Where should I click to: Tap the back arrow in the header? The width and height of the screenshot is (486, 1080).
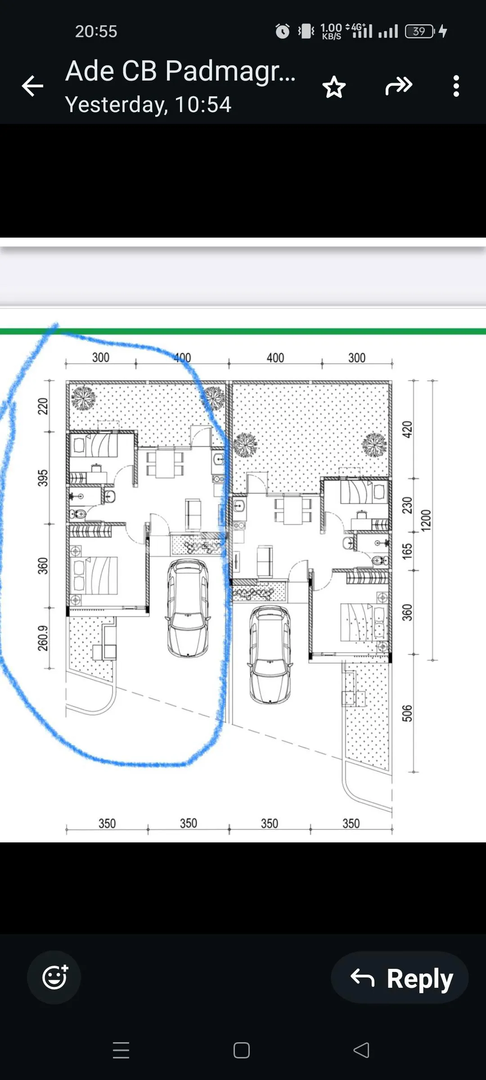[x=32, y=86]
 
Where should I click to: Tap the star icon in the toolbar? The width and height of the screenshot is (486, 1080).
[x=334, y=87]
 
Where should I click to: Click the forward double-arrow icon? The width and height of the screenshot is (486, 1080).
[x=399, y=86]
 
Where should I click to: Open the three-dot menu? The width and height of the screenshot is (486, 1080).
[x=456, y=86]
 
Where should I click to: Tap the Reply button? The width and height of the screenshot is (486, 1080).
[x=400, y=977]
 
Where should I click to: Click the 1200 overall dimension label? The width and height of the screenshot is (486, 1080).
[x=426, y=521]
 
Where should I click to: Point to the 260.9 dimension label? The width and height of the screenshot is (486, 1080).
[x=43, y=638]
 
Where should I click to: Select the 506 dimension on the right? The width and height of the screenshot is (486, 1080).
[x=407, y=713]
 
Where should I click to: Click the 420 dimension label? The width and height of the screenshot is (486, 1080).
[x=407, y=429]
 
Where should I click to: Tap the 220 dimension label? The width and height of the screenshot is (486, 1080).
[x=43, y=406]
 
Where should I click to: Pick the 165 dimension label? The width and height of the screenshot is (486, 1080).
[x=407, y=551]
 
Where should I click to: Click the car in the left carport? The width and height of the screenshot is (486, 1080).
[x=188, y=608]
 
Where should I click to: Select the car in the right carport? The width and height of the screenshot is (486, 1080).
[x=270, y=655]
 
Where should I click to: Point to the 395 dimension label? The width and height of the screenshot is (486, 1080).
[x=43, y=478]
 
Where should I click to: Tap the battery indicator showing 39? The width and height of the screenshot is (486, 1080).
[x=419, y=31]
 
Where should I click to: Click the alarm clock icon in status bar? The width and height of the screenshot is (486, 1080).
[x=283, y=31]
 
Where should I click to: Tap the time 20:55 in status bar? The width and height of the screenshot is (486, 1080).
[x=96, y=31]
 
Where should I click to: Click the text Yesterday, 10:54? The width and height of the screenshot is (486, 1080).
[x=148, y=104]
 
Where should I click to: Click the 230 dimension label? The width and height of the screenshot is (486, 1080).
[x=407, y=505]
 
